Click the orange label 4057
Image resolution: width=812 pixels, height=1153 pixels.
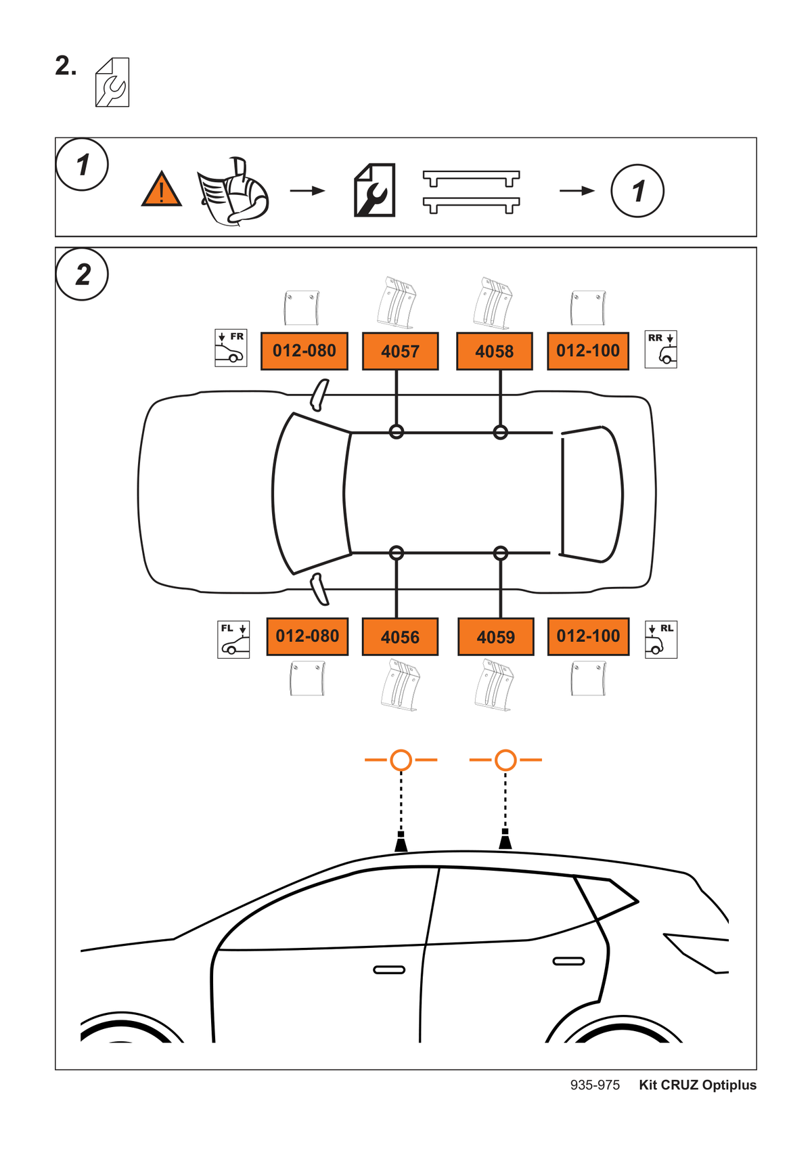(400, 351)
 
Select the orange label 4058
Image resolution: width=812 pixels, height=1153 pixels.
(494, 351)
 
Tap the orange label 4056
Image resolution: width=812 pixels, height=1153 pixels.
(400, 636)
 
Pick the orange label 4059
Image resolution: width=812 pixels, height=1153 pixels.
(495, 636)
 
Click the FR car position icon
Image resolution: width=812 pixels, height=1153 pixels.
(231, 348)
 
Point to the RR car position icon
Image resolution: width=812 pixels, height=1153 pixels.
(660, 349)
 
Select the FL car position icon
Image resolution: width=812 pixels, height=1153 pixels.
(233, 639)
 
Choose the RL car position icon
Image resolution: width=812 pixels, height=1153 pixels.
(660, 639)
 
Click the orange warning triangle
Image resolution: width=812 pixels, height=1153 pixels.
(162, 190)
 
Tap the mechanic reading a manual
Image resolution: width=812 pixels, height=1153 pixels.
(233, 191)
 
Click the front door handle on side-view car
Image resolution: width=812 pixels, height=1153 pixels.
(389, 970)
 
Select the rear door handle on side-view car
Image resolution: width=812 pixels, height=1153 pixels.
(568, 961)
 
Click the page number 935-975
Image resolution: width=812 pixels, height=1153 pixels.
(595, 1085)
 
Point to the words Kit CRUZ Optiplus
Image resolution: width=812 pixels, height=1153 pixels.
(698, 1085)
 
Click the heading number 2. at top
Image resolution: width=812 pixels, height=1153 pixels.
(66, 66)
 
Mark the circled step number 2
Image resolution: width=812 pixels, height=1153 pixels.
(82, 274)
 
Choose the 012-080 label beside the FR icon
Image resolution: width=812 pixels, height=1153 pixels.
(304, 351)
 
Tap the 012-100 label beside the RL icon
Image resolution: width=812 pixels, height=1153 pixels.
(588, 636)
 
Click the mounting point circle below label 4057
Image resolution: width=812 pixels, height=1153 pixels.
(397, 432)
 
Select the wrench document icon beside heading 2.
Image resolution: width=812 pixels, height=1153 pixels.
(112, 83)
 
